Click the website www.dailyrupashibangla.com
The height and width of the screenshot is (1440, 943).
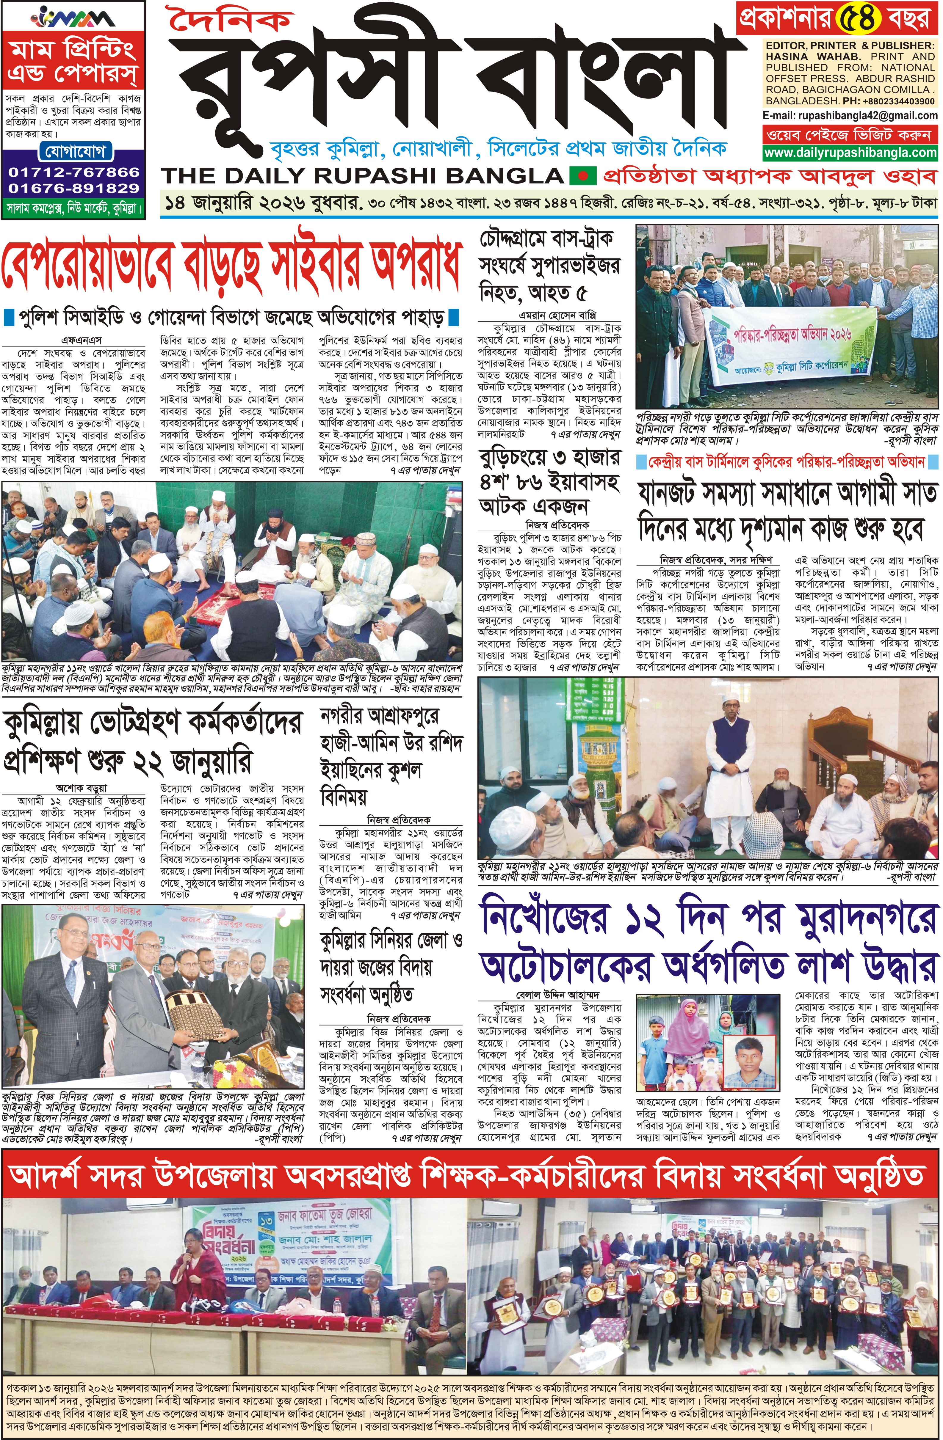point(850,153)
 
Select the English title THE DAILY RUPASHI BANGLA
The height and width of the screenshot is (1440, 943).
point(363,176)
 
